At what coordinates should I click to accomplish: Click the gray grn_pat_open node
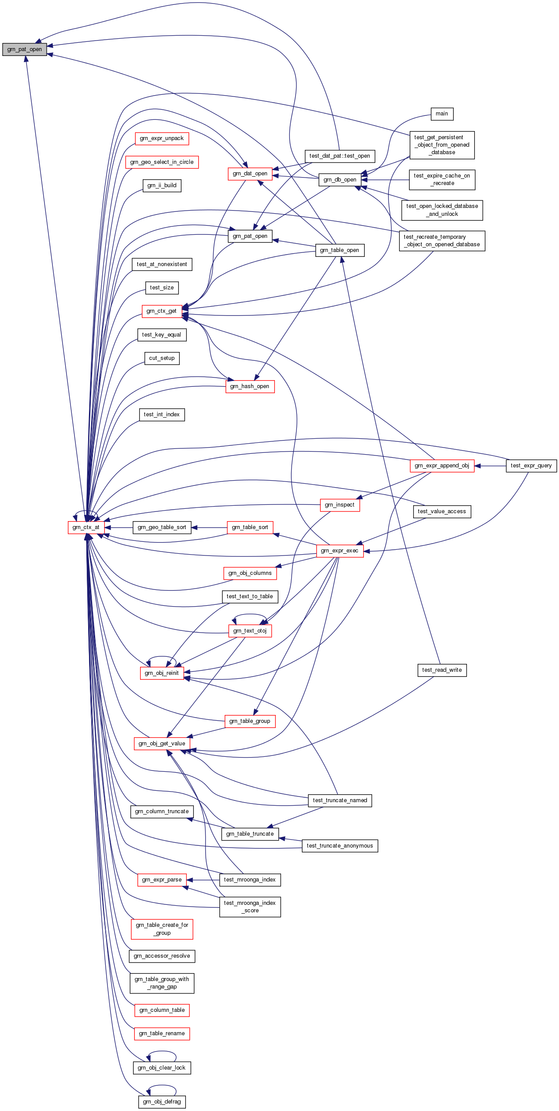(x=24, y=49)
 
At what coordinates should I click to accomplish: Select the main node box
(x=442, y=114)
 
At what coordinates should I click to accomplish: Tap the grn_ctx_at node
(x=86, y=527)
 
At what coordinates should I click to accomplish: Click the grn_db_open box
(x=340, y=180)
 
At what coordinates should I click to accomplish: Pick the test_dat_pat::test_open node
(x=340, y=156)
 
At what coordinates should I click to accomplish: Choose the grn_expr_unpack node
(x=162, y=138)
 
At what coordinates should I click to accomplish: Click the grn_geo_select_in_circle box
(x=162, y=162)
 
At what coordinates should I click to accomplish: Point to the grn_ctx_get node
(x=162, y=311)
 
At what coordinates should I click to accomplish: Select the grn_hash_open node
(x=250, y=386)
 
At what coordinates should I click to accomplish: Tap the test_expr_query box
(x=531, y=466)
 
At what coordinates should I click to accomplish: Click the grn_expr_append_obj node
(x=442, y=466)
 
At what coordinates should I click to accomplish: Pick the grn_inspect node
(x=340, y=505)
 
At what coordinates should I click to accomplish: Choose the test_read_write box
(x=442, y=670)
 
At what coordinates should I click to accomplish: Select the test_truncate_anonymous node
(x=340, y=846)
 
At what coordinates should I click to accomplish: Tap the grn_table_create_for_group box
(x=162, y=929)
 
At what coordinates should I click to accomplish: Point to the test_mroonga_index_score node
(x=250, y=907)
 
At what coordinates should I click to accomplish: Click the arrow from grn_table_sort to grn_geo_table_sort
(x=209, y=527)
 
